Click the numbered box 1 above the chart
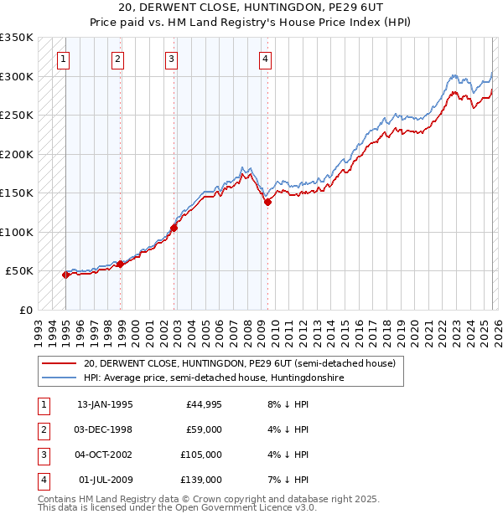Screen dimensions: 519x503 [x=64, y=59]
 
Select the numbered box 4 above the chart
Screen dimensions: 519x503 [x=265, y=59]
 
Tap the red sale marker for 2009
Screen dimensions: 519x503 [x=267, y=202]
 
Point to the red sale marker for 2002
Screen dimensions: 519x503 [x=174, y=228]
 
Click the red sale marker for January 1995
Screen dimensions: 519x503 [x=65, y=275]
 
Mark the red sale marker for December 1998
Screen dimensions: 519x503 [x=120, y=264]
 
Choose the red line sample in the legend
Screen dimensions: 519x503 [x=59, y=363]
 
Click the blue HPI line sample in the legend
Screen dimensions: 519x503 [x=59, y=378]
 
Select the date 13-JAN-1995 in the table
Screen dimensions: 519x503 [x=105, y=404]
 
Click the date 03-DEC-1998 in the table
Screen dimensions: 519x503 [x=105, y=429]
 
